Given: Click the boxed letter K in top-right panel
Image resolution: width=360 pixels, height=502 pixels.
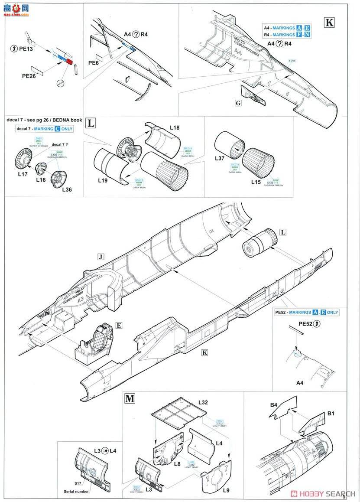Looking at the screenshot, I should point(329,23).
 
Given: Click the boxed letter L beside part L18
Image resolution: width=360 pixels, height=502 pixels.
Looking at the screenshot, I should point(91,123).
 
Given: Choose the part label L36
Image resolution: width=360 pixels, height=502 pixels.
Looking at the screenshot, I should point(67,190).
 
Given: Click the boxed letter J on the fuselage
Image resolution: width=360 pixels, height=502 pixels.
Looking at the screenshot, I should point(101,257).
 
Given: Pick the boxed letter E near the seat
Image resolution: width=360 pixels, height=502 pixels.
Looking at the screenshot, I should point(118,325).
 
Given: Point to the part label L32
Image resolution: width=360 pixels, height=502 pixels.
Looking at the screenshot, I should point(203,403).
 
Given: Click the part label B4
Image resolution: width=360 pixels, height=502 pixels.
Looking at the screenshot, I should point(273,405).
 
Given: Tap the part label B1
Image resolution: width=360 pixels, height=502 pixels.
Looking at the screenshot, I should point(331,414).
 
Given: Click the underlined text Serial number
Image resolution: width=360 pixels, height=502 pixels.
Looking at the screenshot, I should point(76,491).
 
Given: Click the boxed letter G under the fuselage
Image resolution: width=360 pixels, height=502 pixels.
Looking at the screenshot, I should point(238,103).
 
